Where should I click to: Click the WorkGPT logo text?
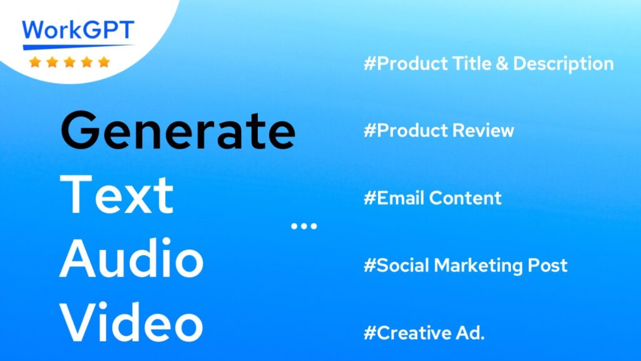[x=78, y=29]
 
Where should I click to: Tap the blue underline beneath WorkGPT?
[x=78, y=46]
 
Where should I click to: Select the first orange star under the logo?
[x=35, y=62]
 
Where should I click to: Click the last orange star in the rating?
[x=104, y=62]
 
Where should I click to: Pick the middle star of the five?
[x=69, y=62]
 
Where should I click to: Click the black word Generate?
[x=178, y=130]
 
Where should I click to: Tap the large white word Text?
[x=117, y=194]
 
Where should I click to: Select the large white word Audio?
[x=131, y=258]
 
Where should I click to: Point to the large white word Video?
[x=131, y=322]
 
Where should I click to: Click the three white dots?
[x=304, y=226]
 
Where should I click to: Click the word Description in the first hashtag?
[x=563, y=64]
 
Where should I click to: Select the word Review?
[x=483, y=130]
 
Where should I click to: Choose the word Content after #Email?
[x=465, y=198]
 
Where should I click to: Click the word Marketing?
[x=478, y=266]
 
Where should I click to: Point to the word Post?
[x=547, y=266]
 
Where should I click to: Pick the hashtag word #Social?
[x=396, y=265]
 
